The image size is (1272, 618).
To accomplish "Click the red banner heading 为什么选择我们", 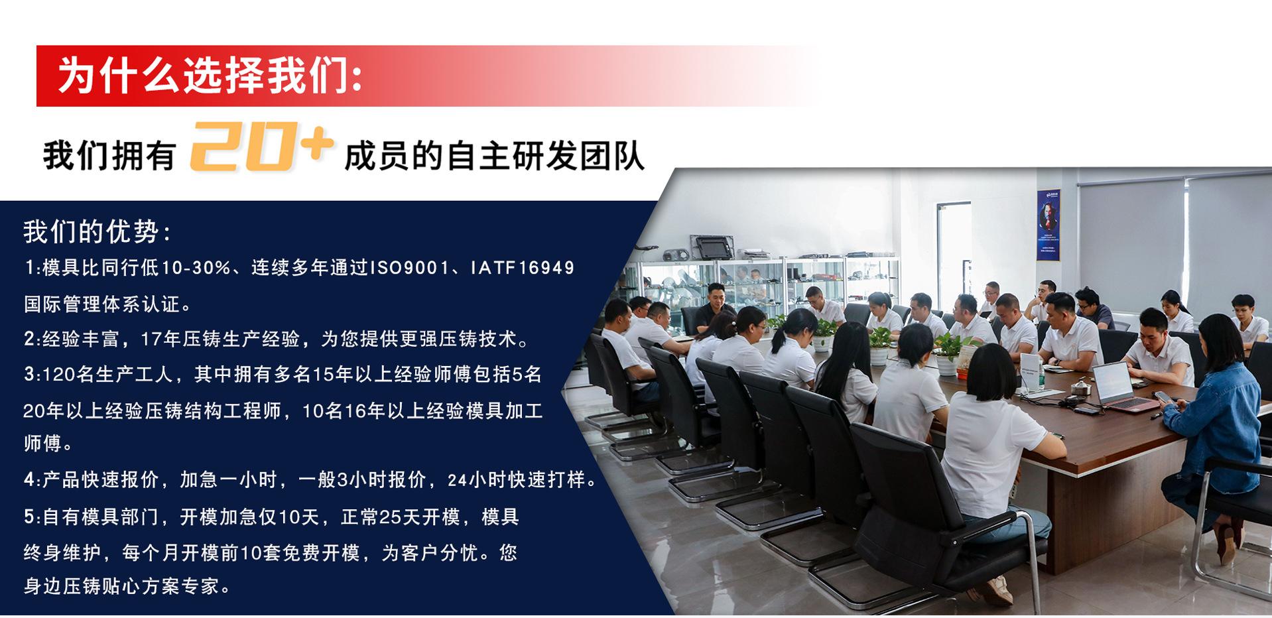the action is coord(211,76).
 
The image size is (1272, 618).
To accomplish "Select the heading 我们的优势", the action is coord(97,232).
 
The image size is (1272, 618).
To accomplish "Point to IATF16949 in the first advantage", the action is coord(523,269).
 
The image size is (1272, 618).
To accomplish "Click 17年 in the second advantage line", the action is coord(160,340).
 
